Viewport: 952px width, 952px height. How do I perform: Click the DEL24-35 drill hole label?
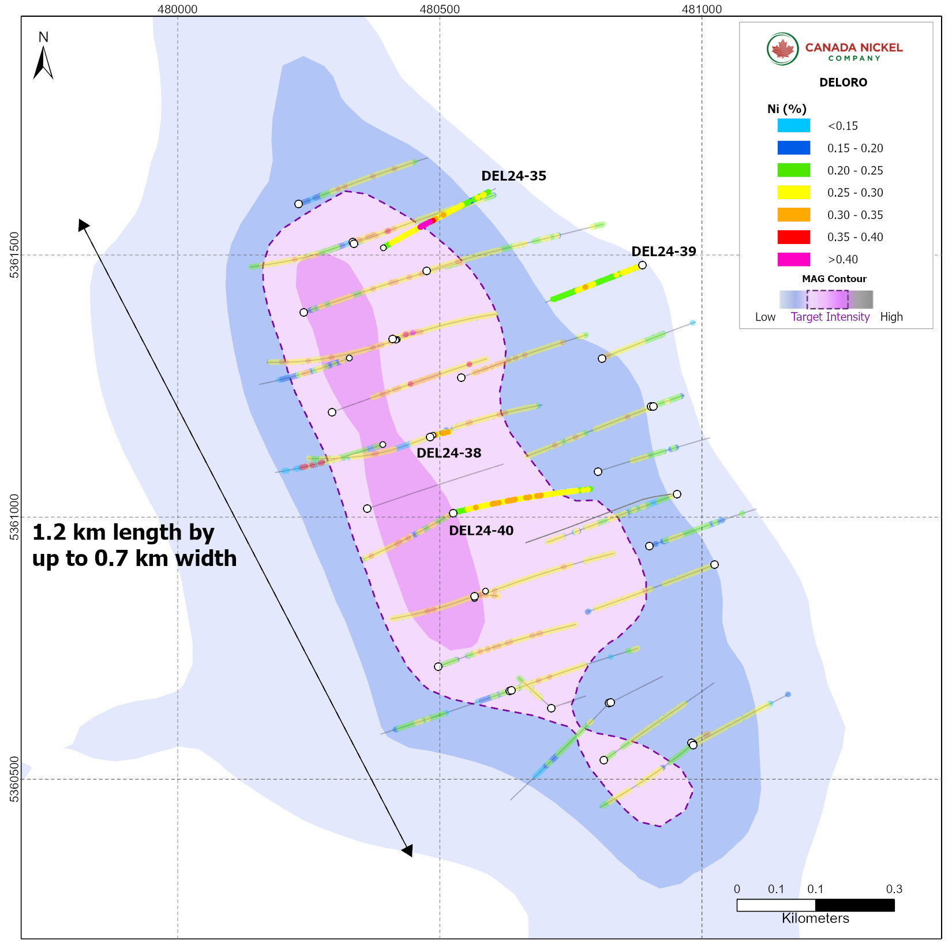514,176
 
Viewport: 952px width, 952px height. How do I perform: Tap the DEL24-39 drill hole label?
664,252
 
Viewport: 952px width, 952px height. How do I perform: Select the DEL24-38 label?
449,453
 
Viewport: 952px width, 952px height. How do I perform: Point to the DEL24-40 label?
481,531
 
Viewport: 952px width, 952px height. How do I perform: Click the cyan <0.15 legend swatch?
793,126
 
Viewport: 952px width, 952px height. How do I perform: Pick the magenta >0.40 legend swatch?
793,260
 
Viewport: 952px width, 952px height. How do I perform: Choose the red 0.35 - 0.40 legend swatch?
793,237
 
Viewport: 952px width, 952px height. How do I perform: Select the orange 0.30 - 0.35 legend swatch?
793,215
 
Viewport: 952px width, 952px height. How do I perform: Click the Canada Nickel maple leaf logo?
782,49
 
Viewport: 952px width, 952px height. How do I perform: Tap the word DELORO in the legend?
843,83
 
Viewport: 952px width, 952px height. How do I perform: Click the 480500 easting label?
440,9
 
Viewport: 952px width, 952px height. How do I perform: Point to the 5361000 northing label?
14,517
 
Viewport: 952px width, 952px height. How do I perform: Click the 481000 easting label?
702,9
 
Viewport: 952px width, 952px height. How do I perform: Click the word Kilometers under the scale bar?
815,918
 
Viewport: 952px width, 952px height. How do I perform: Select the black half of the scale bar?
854,905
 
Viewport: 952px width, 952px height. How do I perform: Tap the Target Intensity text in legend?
830,317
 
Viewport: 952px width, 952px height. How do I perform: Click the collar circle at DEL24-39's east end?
642,265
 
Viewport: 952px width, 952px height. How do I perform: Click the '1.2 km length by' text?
123,533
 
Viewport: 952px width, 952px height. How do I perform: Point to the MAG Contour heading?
834,279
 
